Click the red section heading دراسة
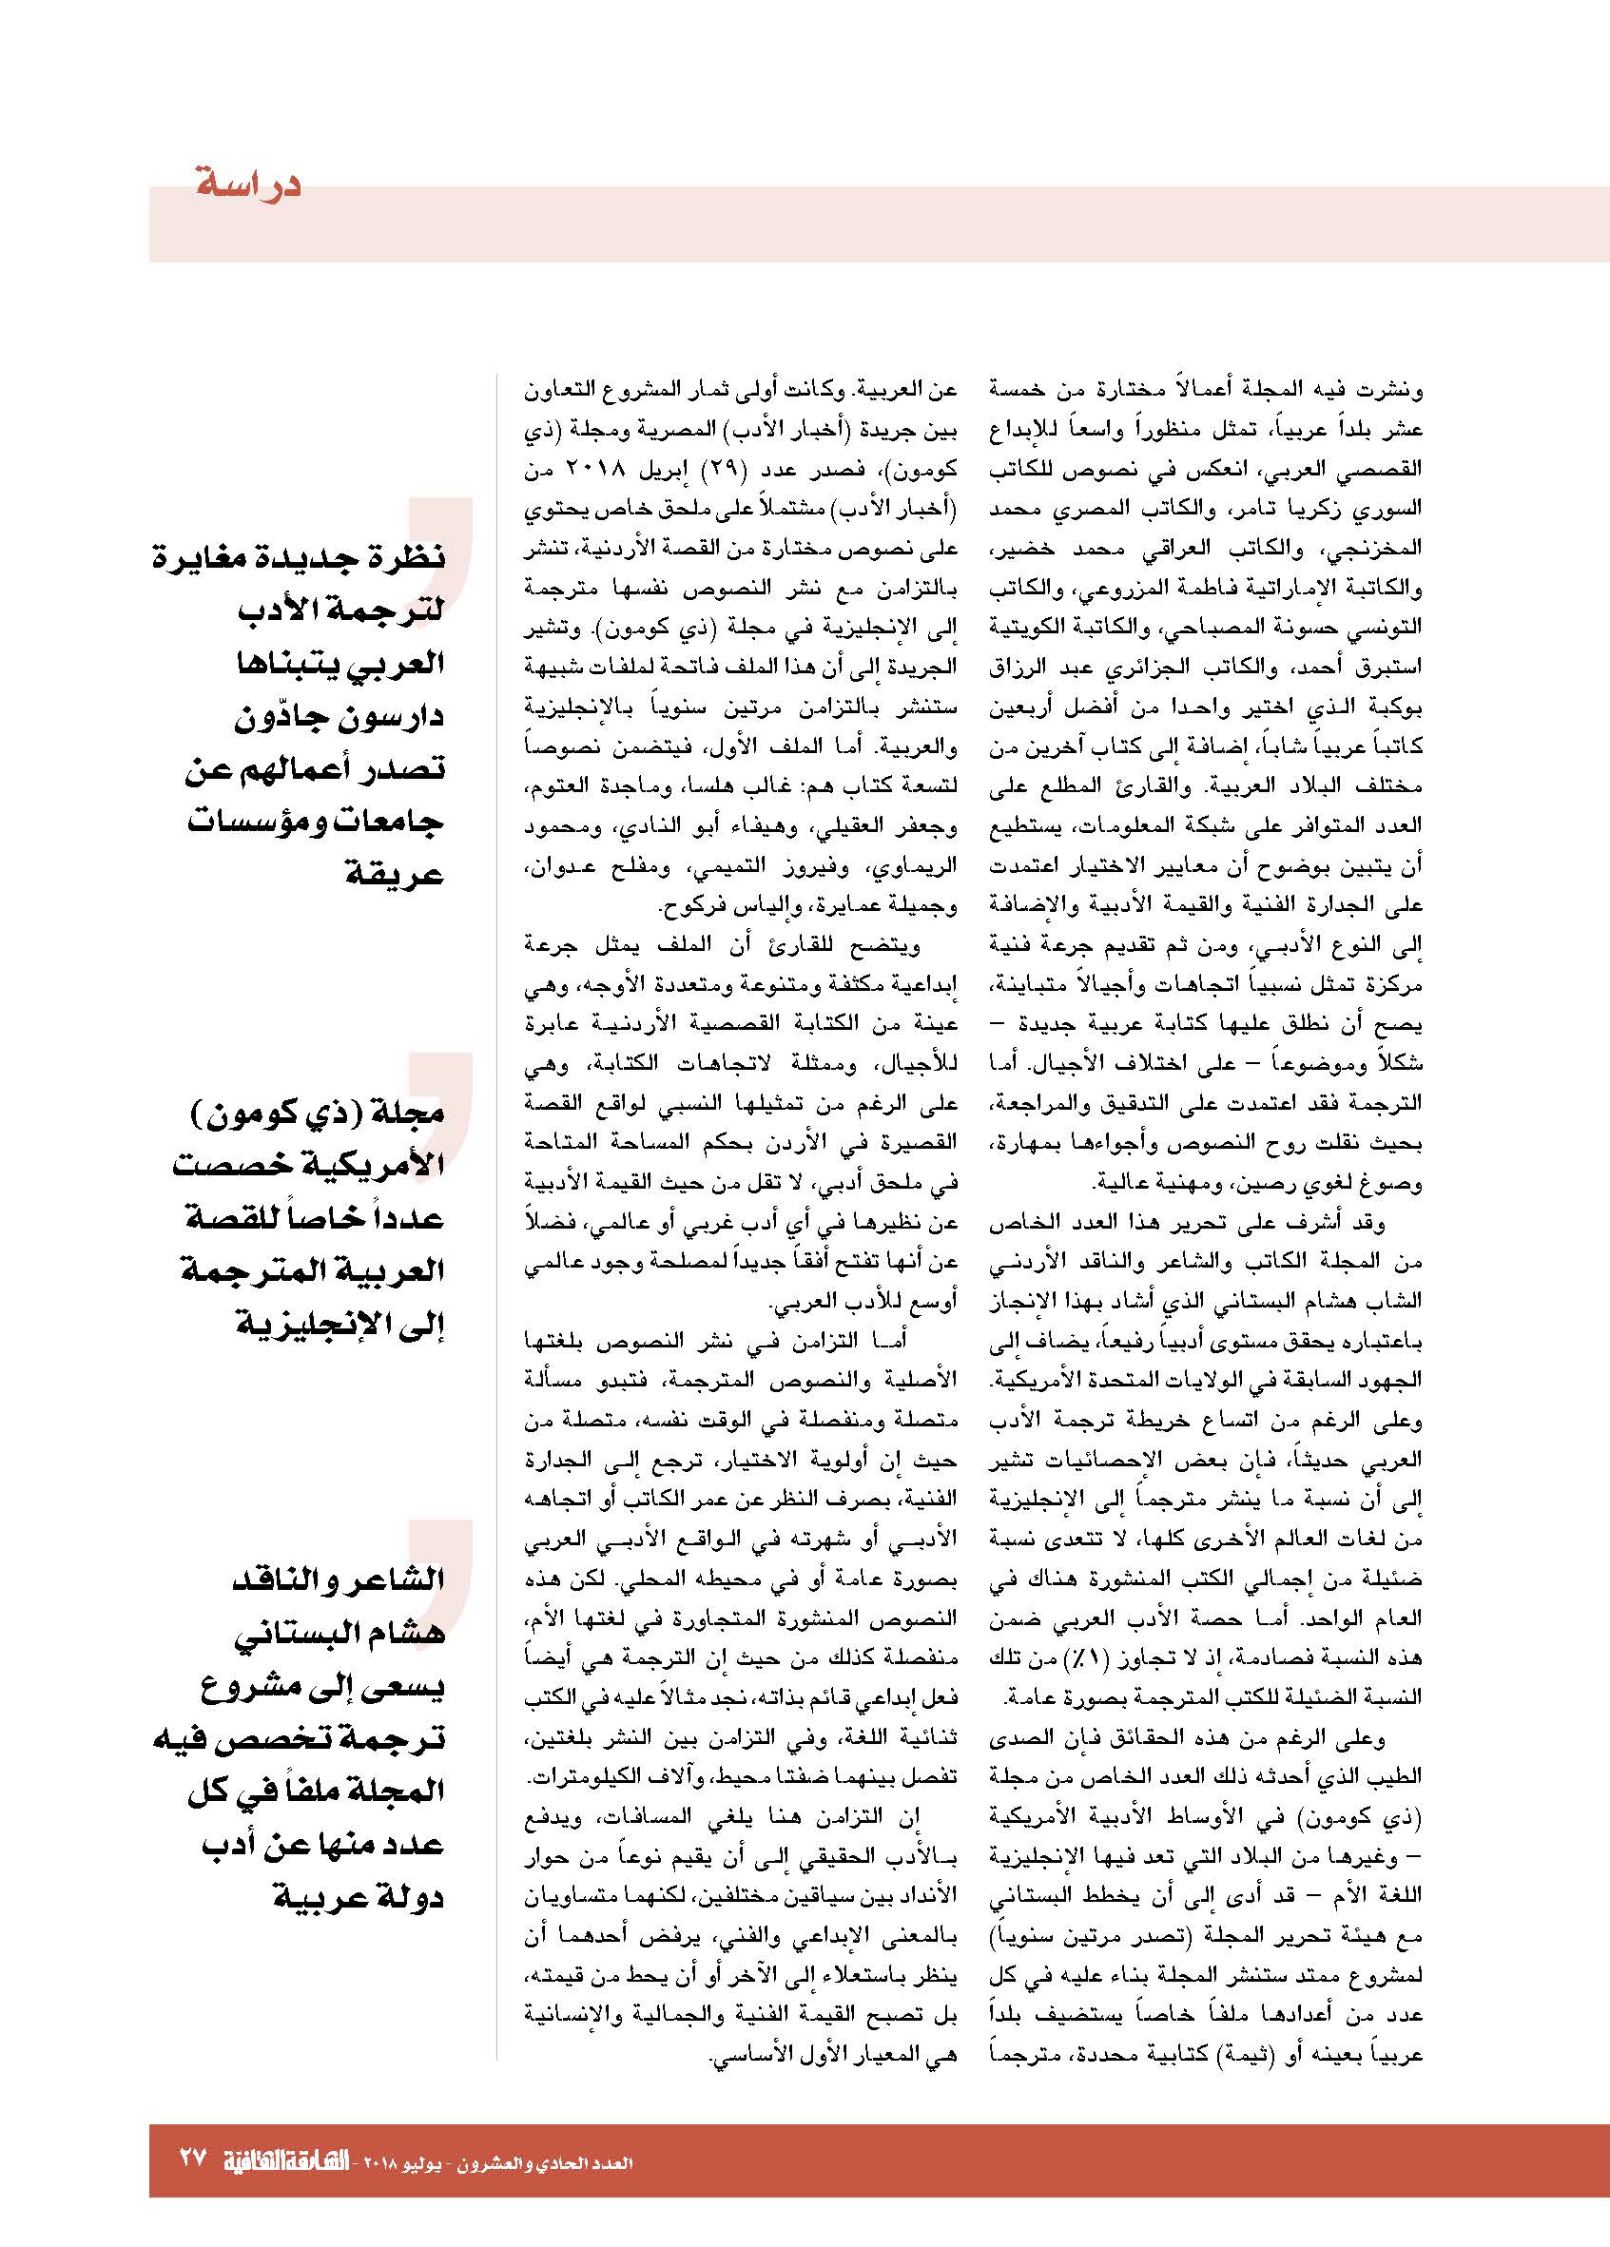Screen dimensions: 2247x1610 pos(247,185)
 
